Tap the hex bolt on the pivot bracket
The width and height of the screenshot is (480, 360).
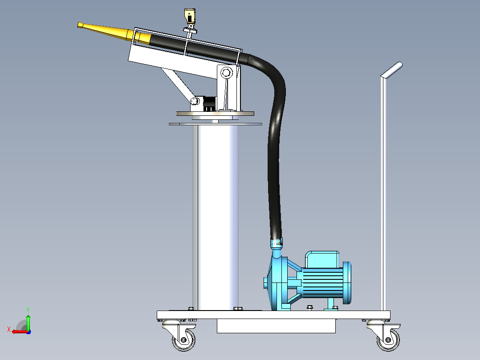click(226, 73)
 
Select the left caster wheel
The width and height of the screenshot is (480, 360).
click(183, 340)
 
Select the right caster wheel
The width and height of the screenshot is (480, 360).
click(388, 340)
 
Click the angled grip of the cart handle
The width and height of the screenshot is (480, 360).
click(391, 70)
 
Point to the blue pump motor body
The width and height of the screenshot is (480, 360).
click(323, 282)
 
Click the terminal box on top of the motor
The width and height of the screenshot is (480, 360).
click(322, 259)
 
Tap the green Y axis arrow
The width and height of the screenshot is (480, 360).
click(28, 322)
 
